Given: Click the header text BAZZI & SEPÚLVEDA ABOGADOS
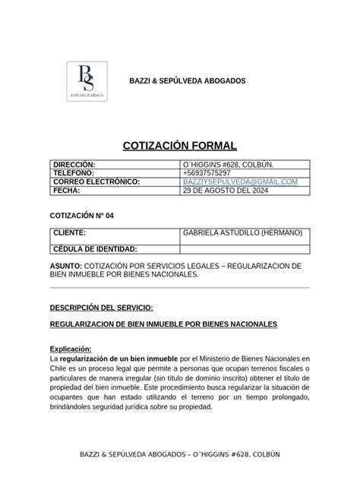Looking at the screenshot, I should [x=185, y=81].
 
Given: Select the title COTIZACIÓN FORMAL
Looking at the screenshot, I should [x=180, y=146].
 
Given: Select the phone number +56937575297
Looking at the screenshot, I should [x=206, y=173].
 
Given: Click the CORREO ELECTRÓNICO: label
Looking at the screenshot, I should [x=96, y=182].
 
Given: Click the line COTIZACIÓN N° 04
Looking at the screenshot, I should [x=81, y=216].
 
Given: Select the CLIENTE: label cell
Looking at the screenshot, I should [x=69, y=232].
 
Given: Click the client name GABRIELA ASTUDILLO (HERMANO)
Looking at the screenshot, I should [x=242, y=232].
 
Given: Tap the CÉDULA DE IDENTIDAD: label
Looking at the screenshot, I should [x=94, y=249].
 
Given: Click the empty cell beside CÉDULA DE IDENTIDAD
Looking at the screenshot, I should [x=245, y=249].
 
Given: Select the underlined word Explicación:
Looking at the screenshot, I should [x=71, y=349].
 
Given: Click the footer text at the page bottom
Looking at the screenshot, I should [x=180, y=453].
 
